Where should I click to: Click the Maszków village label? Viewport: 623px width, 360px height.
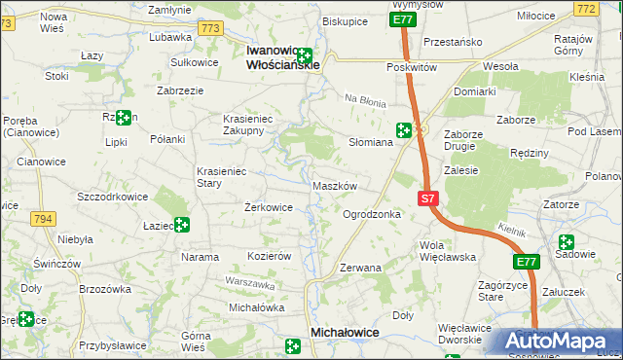(x=336, y=185)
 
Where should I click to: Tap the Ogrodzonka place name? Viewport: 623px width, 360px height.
(x=372, y=213)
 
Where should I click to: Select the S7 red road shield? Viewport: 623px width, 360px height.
(x=427, y=198)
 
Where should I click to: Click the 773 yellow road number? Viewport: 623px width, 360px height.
(x=210, y=29)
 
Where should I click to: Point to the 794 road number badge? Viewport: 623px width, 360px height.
(x=42, y=219)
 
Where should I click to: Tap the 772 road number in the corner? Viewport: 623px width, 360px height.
(x=611, y=9)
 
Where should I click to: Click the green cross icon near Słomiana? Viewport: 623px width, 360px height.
(x=403, y=130)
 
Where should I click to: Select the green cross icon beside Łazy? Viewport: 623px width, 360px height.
(x=181, y=226)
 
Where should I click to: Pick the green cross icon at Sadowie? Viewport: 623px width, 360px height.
(x=566, y=242)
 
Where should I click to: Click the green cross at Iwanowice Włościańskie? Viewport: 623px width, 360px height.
(x=305, y=56)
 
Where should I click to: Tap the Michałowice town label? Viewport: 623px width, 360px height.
(x=344, y=332)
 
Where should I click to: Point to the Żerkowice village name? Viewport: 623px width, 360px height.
(x=269, y=207)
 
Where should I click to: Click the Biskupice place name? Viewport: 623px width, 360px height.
(x=344, y=20)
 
